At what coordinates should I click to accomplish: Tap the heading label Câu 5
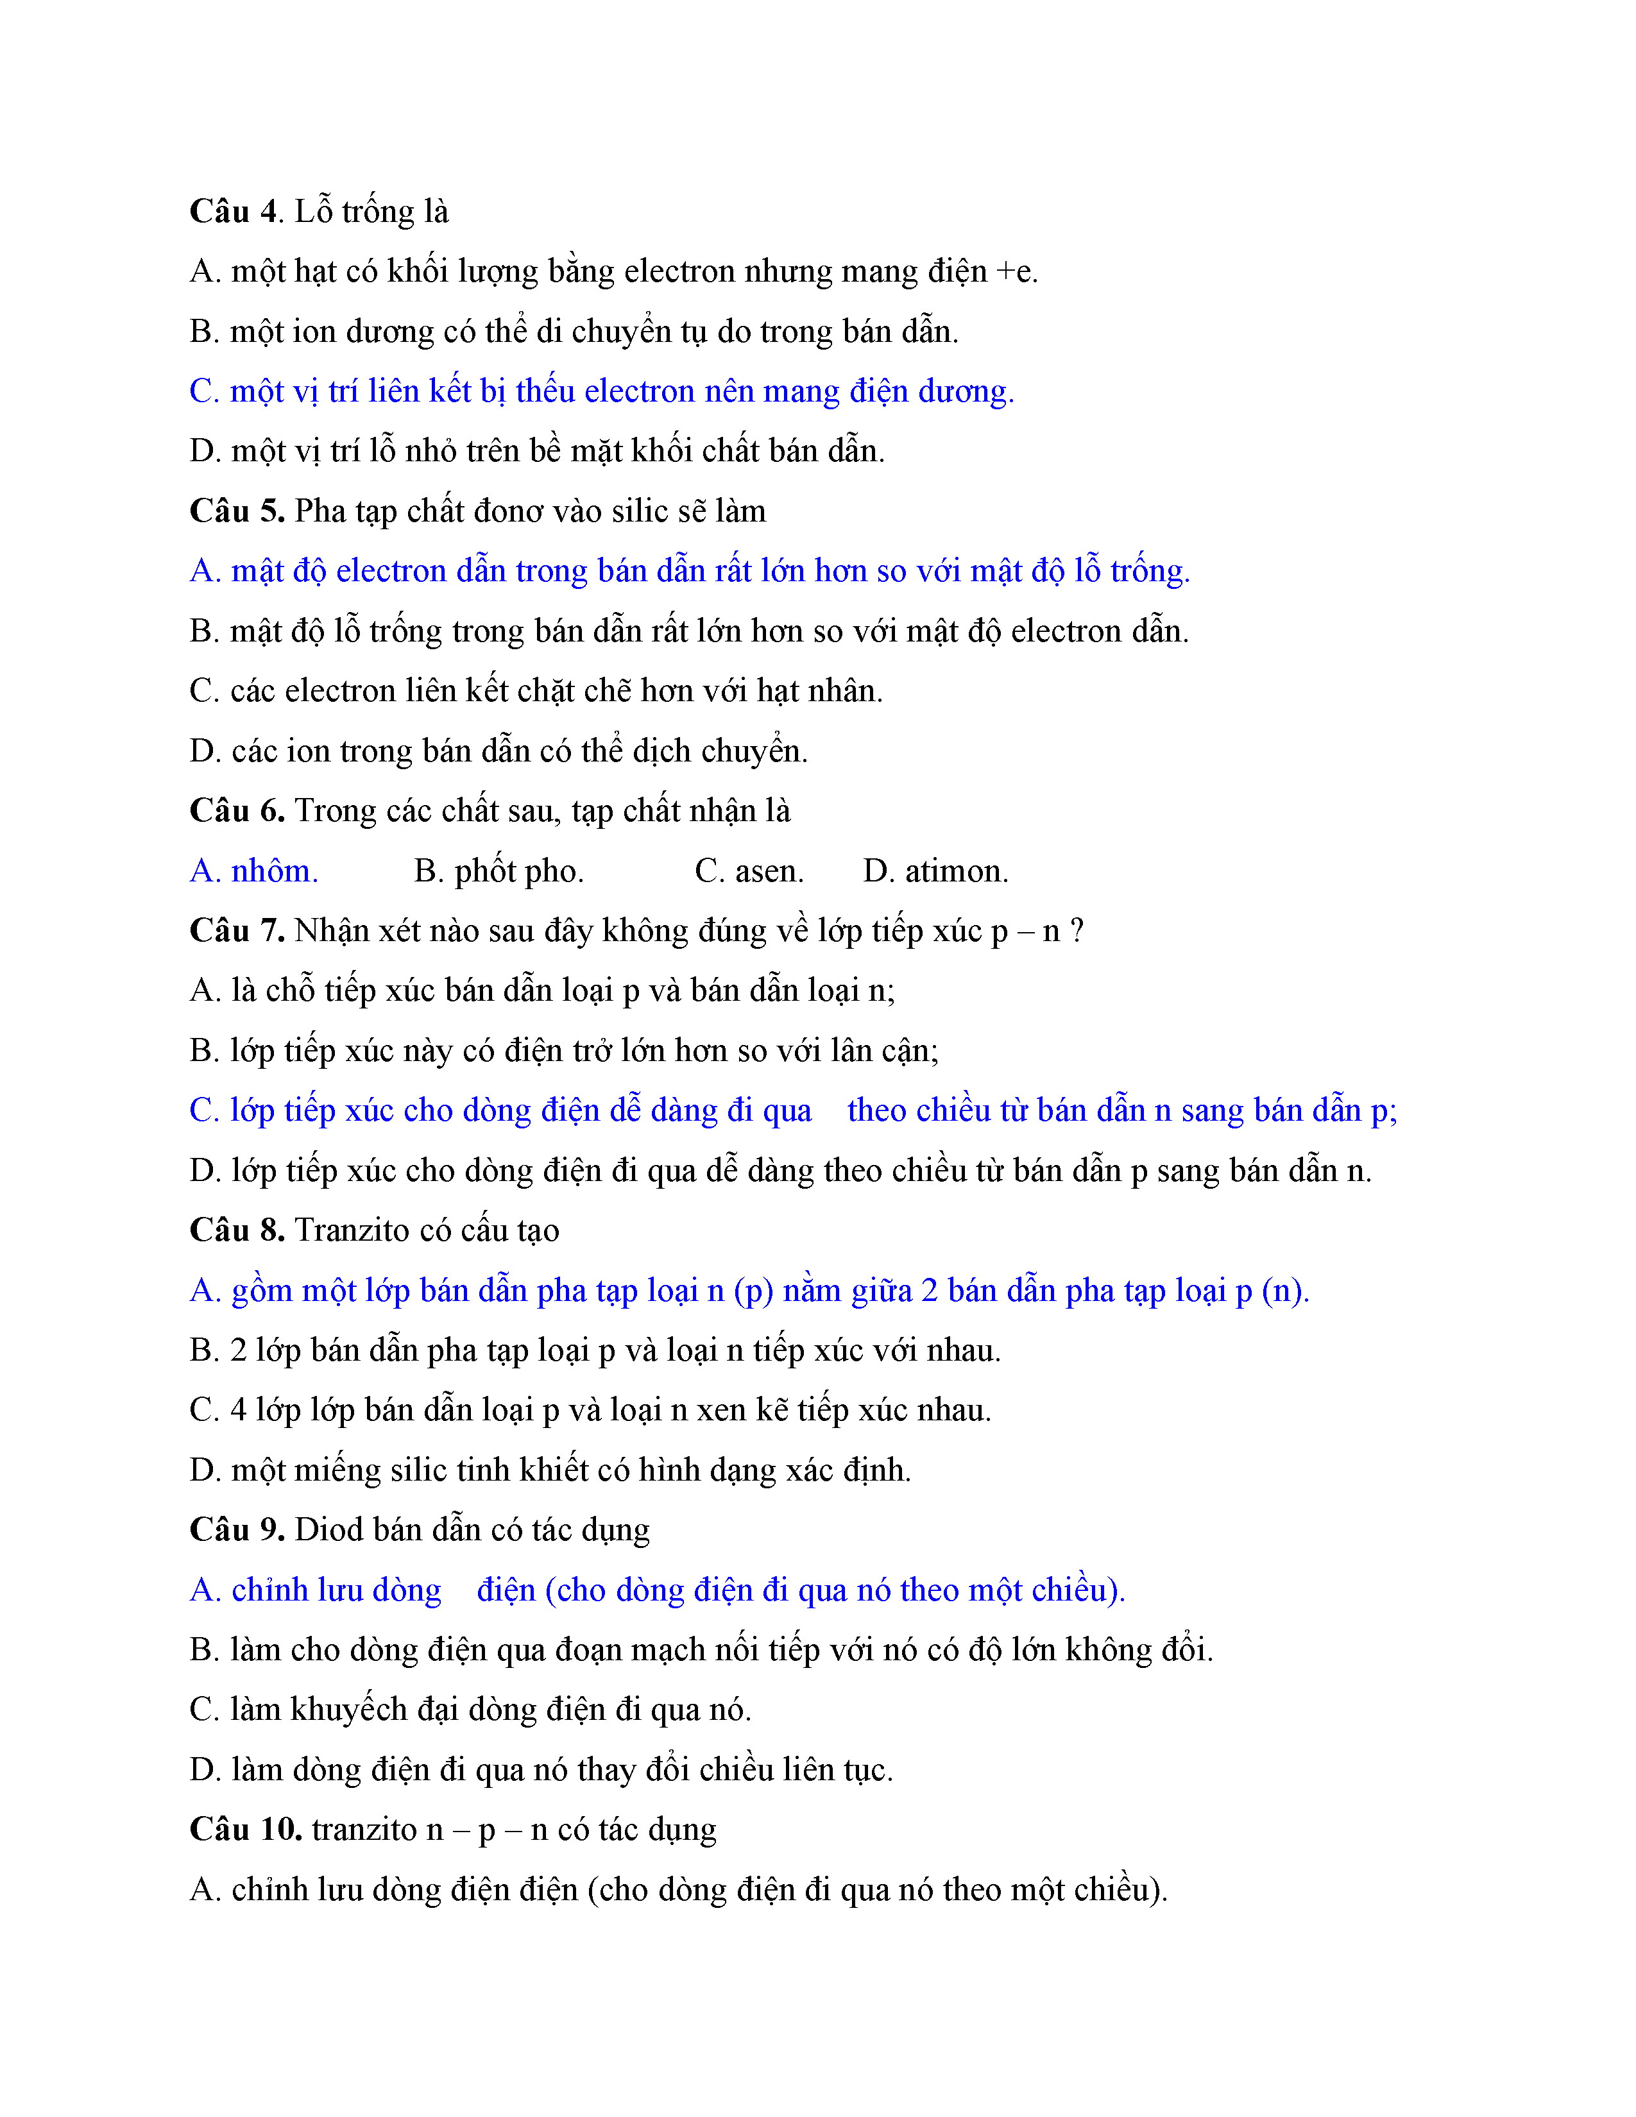(x=237, y=511)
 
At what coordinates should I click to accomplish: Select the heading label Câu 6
(x=237, y=810)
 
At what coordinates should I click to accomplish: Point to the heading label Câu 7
(x=237, y=931)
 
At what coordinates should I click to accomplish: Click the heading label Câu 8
(x=237, y=1230)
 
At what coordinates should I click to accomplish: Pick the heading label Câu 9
(x=237, y=1529)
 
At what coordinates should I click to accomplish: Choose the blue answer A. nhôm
(x=254, y=871)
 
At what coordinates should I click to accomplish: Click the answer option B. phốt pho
(x=498, y=871)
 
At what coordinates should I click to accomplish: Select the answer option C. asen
(x=749, y=871)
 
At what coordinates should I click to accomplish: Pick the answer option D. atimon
(x=935, y=871)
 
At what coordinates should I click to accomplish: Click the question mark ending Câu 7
(x=1077, y=931)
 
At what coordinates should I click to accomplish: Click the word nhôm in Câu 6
(x=275, y=871)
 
